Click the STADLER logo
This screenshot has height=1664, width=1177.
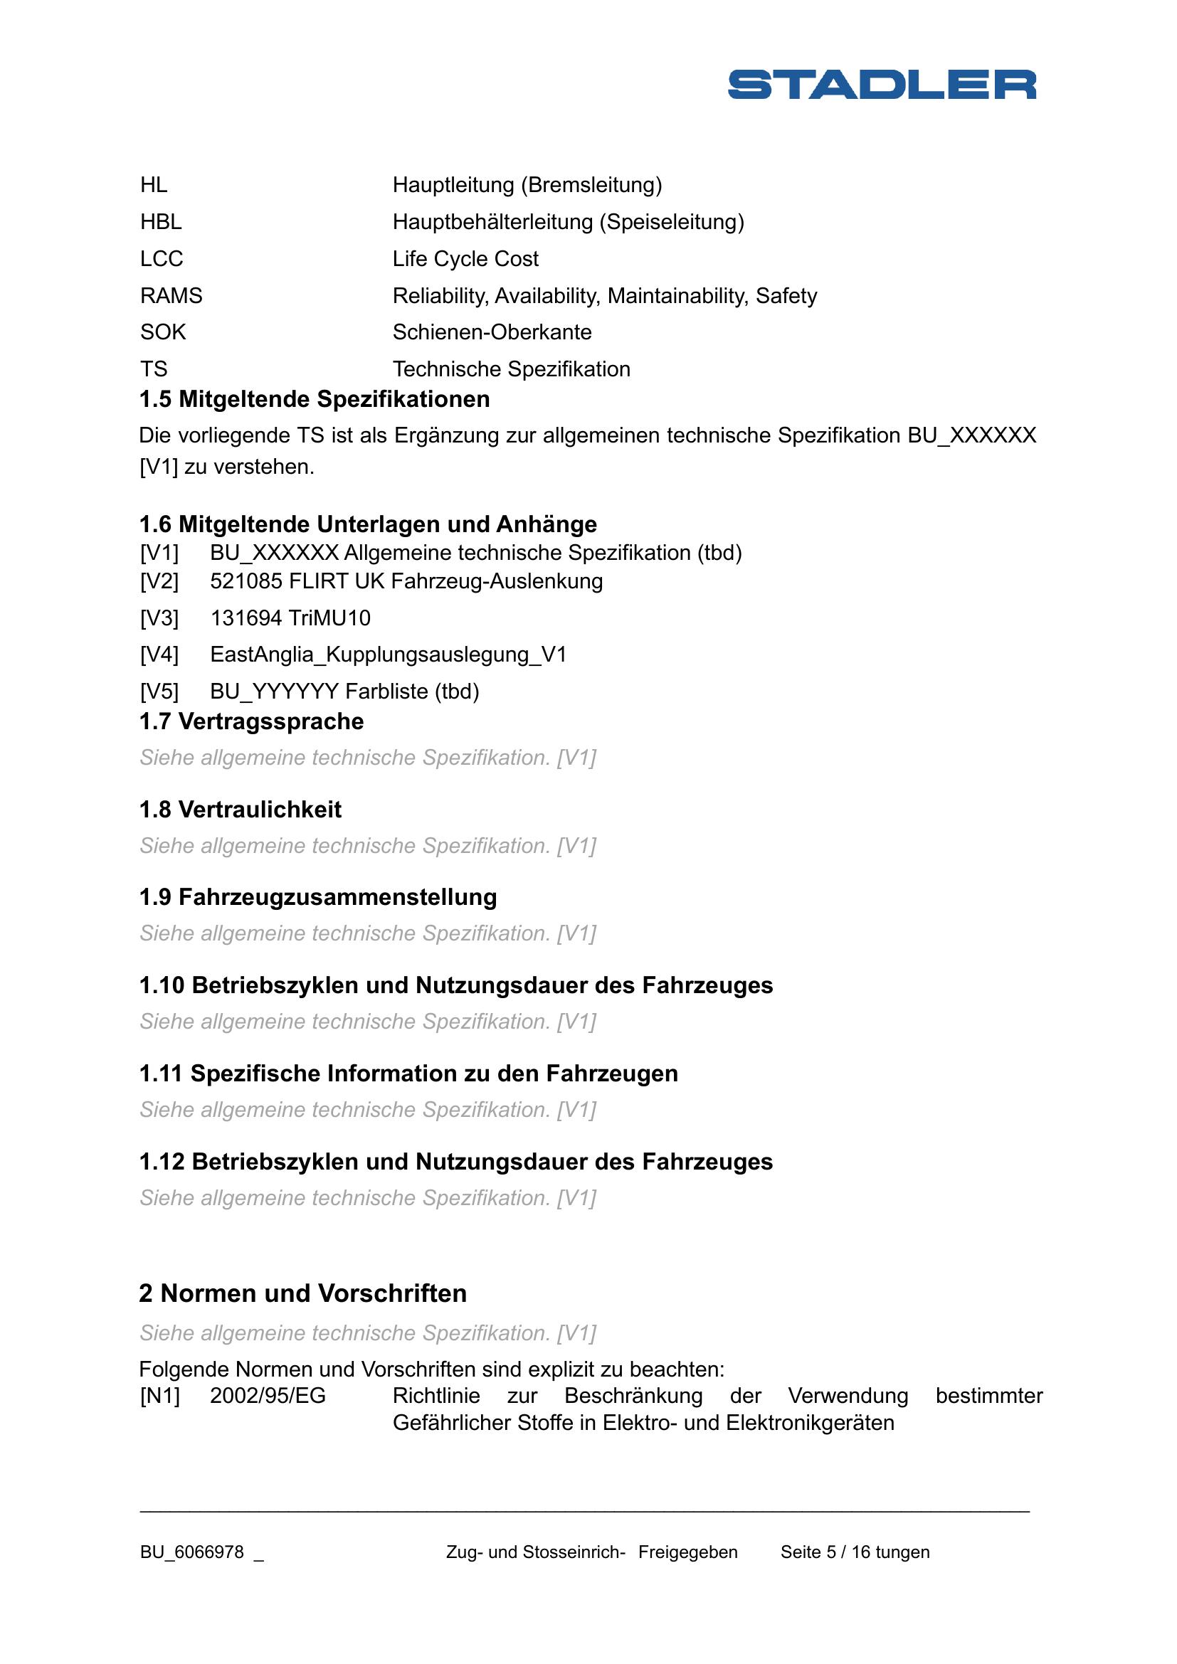[881, 84]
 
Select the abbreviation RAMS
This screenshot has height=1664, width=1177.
[171, 296]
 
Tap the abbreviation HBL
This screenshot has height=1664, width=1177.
[161, 222]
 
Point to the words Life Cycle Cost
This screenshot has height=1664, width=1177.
[465, 259]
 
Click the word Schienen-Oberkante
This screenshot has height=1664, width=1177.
[492, 332]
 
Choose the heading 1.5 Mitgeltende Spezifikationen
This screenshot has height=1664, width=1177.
[315, 399]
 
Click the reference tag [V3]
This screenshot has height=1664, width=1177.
[159, 618]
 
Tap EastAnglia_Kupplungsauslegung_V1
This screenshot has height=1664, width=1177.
[388, 655]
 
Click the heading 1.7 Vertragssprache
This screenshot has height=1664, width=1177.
[251, 722]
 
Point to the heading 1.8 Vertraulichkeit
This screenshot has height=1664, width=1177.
[240, 810]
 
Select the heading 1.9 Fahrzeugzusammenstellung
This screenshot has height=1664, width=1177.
[318, 897]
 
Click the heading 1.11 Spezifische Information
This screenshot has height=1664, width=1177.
[408, 1074]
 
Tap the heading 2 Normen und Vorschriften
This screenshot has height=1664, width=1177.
[303, 1293]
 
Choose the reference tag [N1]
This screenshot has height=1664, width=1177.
[159, 1396]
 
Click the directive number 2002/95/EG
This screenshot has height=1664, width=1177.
[268, 1396]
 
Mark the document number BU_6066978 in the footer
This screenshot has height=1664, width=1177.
[192, 1552]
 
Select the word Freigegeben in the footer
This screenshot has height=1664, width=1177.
[688, 1552]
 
